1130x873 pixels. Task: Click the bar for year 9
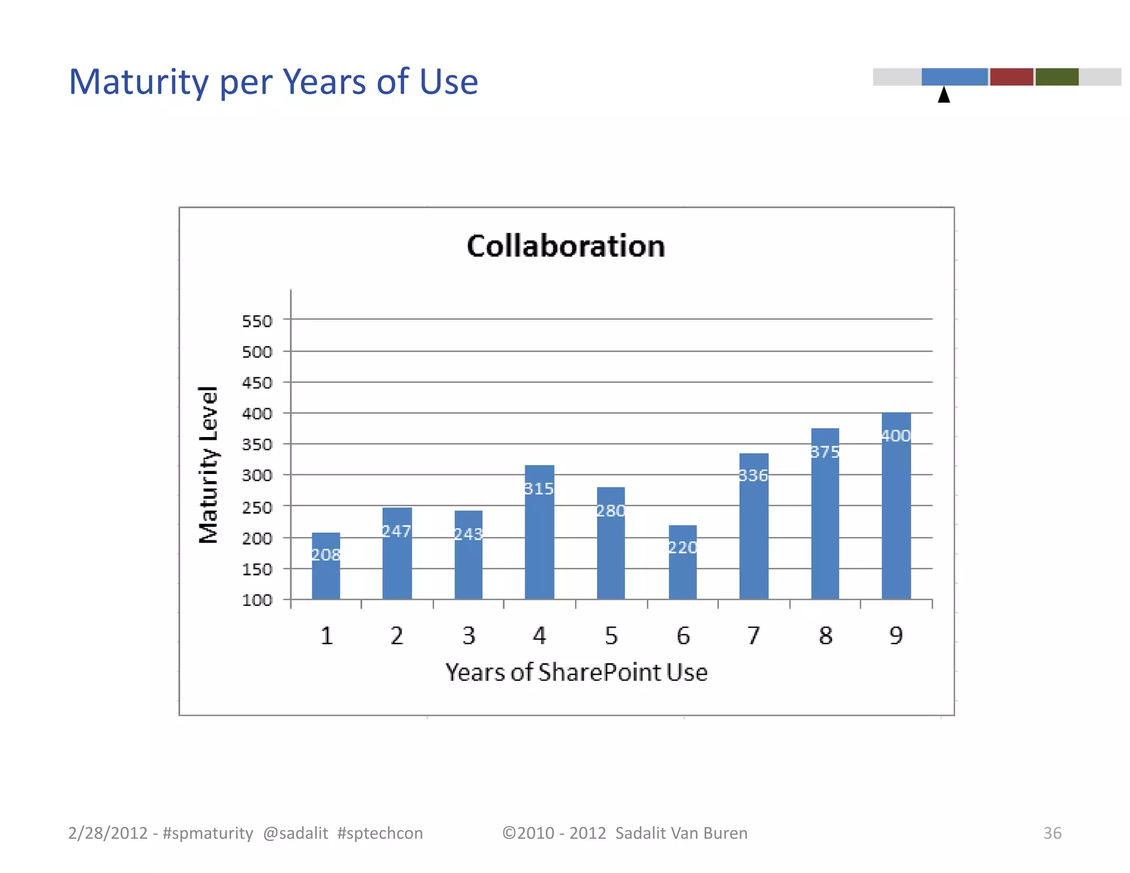click(x=896, y=513)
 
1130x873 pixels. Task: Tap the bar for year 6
click(x=683, y=568)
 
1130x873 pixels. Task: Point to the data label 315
click(x=539, y=489)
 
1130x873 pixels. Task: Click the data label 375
click(x=825, y=453)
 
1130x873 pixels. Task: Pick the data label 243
click(x=468, y=534)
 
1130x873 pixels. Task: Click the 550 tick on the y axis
click(x=257, y=321)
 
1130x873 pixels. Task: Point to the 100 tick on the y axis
click(x=257, y=600)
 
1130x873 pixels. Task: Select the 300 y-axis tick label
click(x=257, y=475)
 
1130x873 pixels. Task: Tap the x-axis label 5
click(x=611, y=636)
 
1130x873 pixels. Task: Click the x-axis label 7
click(x=754, y=636)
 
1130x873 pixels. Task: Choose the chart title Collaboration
click(x=566, y=246)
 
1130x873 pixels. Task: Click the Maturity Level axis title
click(x=209, y=465)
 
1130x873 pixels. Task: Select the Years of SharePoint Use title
click(x=576, y=673)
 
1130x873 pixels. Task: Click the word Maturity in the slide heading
click(x=138, y=82)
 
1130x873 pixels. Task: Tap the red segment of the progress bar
click(x=1011, y=77)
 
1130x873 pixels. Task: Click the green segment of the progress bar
click(x=1057, y=77)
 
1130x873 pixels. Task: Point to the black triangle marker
click(x=944, y=95)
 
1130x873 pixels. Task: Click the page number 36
click(x=1052, y=833)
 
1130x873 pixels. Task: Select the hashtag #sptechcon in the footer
click(x=380, y=833)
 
